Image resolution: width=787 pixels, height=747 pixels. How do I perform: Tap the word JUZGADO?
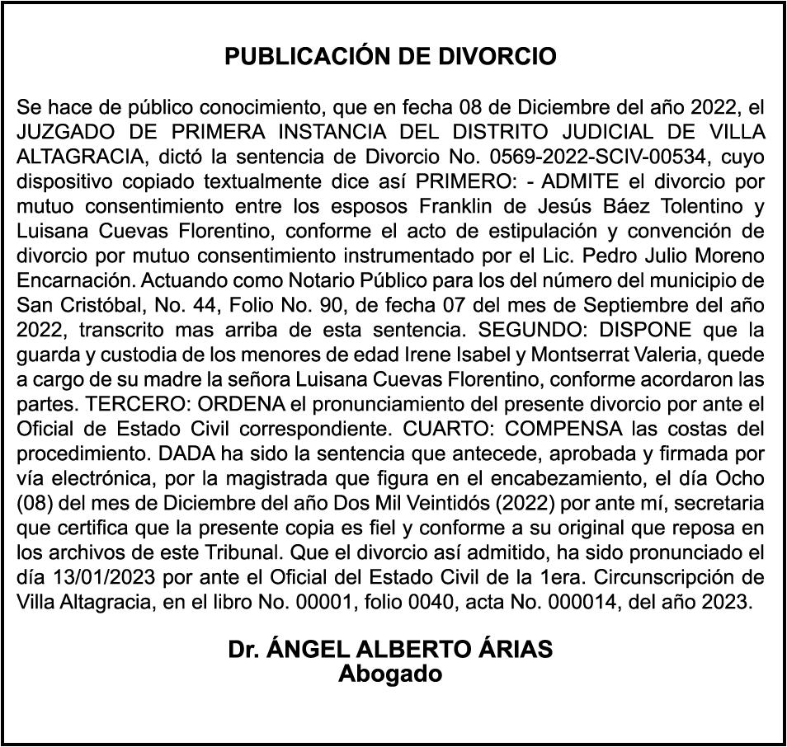[63, 132]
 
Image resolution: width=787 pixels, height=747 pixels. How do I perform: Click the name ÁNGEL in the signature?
[310, 650]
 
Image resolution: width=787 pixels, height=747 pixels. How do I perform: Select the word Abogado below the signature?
[391, 674]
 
